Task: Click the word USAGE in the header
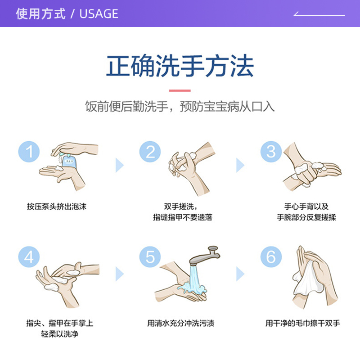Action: (x=99, y=13)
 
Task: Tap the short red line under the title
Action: (x=180, y=90)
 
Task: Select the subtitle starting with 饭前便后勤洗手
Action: (x=180, y=107)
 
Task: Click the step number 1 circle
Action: (x=29, y=152)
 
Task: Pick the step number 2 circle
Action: (x=150, y=152)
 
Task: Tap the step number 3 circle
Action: (x=271, y=152)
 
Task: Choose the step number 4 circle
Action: (x=29, y=257)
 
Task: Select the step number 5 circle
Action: (x=150, y=257)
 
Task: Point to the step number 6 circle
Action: (x=271, y=257)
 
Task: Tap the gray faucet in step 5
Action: (x=205, y=255)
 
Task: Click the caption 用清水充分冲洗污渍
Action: (x=180, y=323)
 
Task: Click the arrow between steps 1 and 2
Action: (x=119, y=165)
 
